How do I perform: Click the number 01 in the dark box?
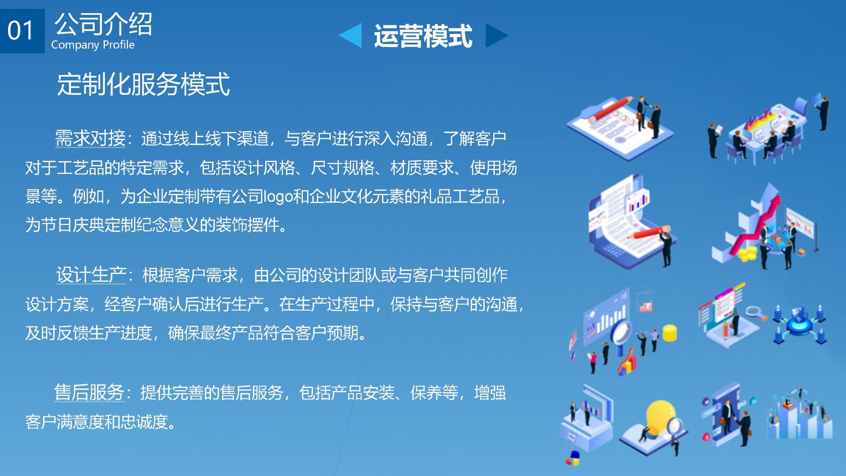pyautogui.click(x=20, y=30)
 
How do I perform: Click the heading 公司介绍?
pyautogui.click(x=104, y=24)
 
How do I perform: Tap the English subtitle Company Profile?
pyautogui.click(x=93, y=45)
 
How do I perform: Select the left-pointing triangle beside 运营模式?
pyautogui.click(x=350, y=35)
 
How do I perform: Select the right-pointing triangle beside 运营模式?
pyautogui.click(x=497, y=35)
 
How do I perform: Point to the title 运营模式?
pyautogui.click(x=423, y=36)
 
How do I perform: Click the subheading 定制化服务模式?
pyautogui.click(x=144, y=84)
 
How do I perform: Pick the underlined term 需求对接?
pyautogui.click(x=90, y=138)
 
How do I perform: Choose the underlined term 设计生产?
pyautogui.click(x=91, y=275)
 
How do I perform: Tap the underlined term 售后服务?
pyautogui.click(x=89, y=392)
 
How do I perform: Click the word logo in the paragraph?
pyautogui.click(x=278, y=197)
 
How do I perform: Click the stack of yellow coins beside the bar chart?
pyautogui.click(x=670, y=333)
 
